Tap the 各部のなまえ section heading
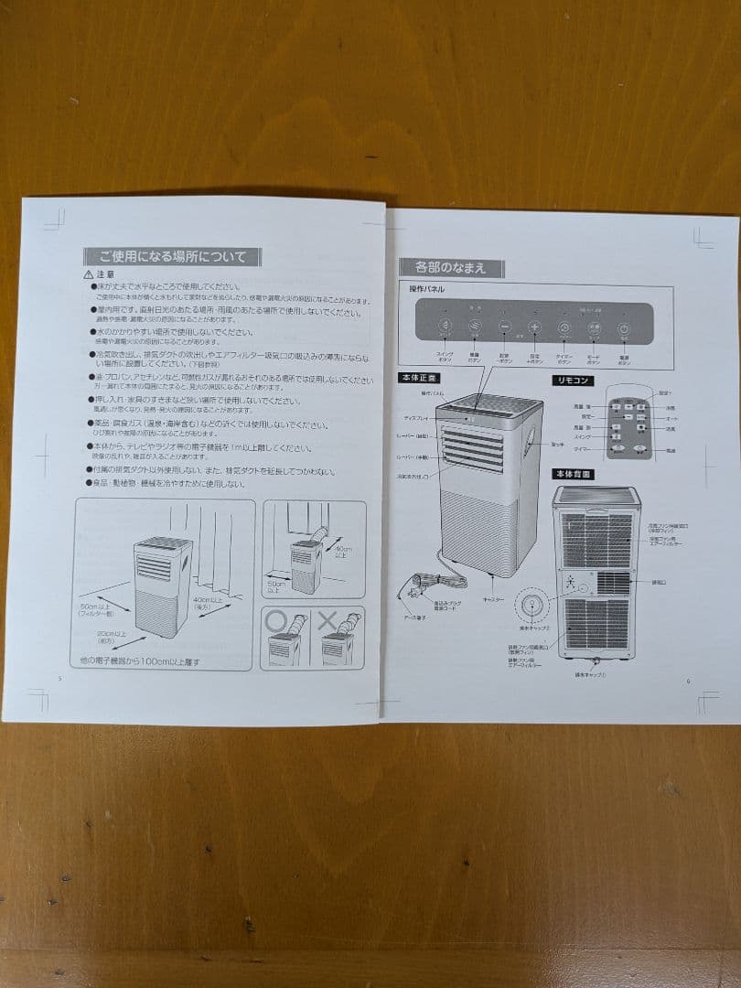point(451,268)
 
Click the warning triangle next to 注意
point(88,274)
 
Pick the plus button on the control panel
point(534,328)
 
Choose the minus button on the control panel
point(504,328)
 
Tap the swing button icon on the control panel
point(445,328)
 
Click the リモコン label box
point(573,380)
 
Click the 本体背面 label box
point(573,474)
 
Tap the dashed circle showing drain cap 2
point(532,607)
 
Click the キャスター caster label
point(493,599)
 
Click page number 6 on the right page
point(688,681)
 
